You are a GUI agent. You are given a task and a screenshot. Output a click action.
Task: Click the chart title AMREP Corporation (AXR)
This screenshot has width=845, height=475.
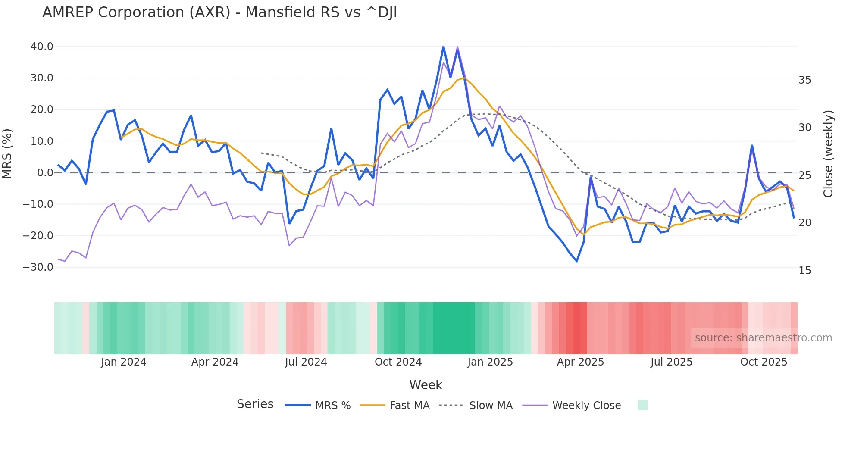(x=219, y=12)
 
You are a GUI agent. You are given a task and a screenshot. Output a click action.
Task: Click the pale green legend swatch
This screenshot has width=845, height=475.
(x=642, y=405)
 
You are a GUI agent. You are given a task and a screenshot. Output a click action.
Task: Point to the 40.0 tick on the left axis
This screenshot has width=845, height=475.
(x=42, y=47)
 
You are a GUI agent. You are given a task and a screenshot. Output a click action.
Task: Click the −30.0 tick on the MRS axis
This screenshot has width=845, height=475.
(x=38, y=267)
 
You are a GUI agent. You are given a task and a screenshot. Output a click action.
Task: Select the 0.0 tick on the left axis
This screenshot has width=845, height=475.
(x=45, y=173)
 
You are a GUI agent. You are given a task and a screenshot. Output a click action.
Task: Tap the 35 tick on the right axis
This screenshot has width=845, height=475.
(x=804, y=80)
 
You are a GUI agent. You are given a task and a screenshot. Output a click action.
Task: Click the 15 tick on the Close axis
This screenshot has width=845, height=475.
(x=804, y=271)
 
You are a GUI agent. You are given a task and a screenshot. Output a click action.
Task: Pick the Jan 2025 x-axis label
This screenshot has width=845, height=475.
(x=490, y=362)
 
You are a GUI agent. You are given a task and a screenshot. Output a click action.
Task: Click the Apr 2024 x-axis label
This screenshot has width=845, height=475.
(x=215, y=362)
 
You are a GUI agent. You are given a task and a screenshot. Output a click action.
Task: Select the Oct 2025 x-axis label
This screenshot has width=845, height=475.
(x=764, y=362)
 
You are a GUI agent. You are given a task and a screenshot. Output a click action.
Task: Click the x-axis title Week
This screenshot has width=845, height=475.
(x=426, y=385)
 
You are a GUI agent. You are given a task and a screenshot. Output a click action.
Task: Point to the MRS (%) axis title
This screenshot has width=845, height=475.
(x=7, y=154)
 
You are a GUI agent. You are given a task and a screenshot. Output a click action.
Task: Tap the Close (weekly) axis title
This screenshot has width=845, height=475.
(x=828, y=154)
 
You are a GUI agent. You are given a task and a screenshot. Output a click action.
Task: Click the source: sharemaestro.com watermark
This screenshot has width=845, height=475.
(x=763, y=338)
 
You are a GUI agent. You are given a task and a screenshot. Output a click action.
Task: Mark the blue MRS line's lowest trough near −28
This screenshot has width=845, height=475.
(x=577, y=261)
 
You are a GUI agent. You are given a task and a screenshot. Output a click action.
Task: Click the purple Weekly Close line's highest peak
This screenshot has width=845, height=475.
(x=457, y=47)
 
